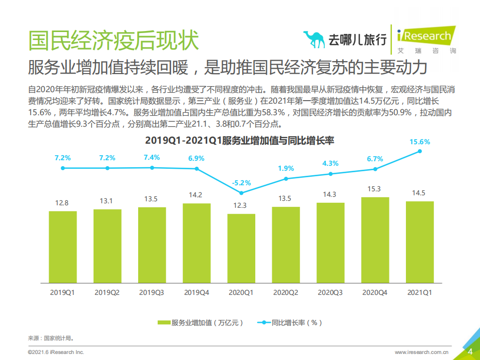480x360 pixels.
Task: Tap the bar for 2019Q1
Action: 63,246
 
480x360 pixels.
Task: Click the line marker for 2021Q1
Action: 420,151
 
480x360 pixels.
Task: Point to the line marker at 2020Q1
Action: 241,193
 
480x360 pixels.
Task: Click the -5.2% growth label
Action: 241,183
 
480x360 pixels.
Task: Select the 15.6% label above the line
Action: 420,142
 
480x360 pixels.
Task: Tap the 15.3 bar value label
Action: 375,189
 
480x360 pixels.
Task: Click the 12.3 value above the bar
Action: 241,205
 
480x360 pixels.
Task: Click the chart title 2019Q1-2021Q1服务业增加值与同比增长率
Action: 239,141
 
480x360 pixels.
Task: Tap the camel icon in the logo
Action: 313,40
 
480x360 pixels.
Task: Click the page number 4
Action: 470,351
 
